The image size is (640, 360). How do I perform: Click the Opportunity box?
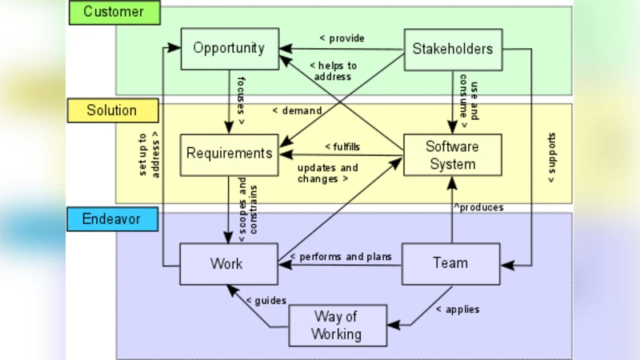point(229,48)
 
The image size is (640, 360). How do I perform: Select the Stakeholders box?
point(453,49)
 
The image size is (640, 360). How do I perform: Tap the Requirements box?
point(229,152)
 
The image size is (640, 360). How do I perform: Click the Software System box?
point(453,155)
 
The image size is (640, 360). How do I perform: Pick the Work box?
point(227,263)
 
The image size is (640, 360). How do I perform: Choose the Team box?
point(450,263)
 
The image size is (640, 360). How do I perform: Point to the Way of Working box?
point(337,325)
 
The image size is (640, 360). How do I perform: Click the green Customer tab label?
point(114,12)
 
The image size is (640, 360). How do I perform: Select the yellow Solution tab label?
point(111,110)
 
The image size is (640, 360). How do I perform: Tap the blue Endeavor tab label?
point(112,219)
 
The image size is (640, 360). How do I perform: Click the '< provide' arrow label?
point(342,38)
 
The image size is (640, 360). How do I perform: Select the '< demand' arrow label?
point(297,110)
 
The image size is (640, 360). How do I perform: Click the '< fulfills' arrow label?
point(342,146)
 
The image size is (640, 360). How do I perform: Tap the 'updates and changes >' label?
point(327,174)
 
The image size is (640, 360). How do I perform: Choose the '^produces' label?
point(478,207)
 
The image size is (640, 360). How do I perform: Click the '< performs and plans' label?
point(341,257)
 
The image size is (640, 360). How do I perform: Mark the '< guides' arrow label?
point(266,300)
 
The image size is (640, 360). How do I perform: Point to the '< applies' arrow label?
point(458,309)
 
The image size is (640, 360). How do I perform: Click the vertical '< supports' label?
point(551,158)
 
